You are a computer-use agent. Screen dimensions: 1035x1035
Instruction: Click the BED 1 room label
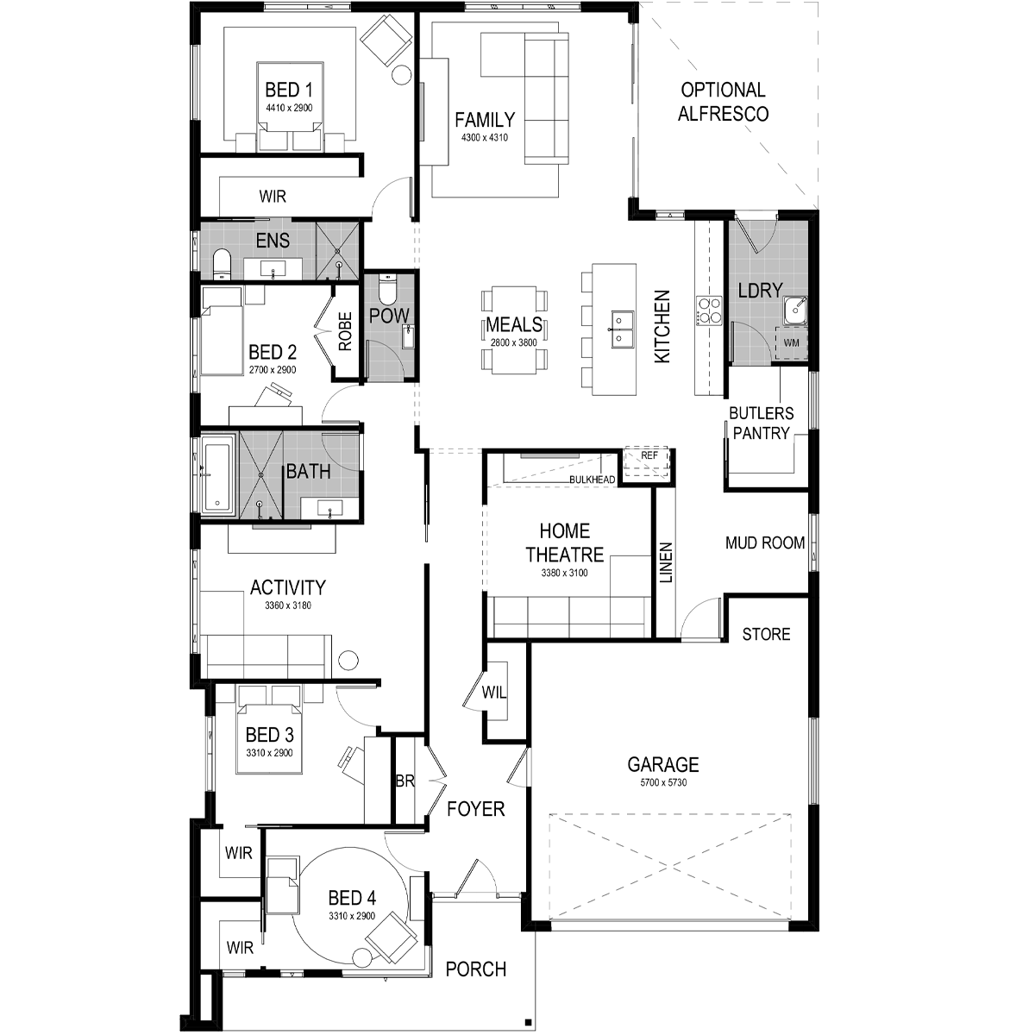point(288,89)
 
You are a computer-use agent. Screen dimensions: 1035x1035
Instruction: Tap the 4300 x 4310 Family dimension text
point(485,137)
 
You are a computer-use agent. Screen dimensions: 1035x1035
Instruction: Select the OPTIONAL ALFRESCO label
point(723,102)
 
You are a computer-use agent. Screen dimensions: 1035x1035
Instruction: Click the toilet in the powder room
point(386,290)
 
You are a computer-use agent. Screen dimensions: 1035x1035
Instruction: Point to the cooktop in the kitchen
point(709,311)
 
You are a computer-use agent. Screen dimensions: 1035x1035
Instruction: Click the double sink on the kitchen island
point(620,328)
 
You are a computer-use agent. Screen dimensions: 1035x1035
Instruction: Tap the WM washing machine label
point(791,342)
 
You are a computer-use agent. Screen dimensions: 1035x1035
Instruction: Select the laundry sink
point(794,310)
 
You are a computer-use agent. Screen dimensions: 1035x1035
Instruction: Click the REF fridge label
point(649,455)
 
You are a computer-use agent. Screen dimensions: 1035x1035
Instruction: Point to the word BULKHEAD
point(592,479)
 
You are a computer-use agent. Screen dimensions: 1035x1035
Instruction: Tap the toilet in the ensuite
point(222,264)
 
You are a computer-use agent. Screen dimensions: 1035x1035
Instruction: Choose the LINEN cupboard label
point(666,562)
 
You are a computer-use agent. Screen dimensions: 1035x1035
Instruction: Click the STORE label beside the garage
point(766,634)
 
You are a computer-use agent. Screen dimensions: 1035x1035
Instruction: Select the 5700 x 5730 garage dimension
point(663,782)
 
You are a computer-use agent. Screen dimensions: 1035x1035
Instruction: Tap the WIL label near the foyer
point(493,693)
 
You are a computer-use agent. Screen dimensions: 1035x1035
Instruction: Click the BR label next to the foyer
point(405,781)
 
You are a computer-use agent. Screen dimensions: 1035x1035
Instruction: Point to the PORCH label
point(476,969)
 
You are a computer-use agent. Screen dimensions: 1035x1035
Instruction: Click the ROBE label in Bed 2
point(345,331)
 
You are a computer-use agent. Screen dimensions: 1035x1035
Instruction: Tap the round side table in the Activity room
point(348,660)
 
